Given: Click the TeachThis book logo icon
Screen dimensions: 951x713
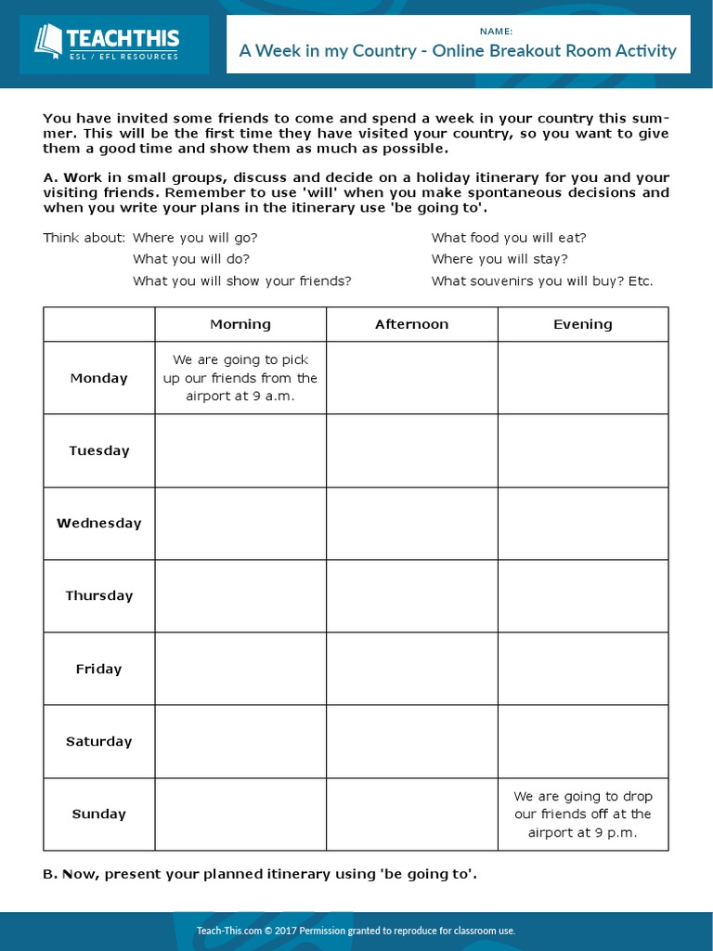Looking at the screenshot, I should (x=47, y=42).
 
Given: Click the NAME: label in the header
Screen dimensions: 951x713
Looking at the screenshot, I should (x=459, y=31).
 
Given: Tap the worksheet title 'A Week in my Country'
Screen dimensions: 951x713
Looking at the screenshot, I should (x=458, y=51).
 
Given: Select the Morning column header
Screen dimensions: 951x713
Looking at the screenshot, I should (x=240, y=324).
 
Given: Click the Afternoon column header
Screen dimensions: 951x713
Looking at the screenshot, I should (x=411, y=324).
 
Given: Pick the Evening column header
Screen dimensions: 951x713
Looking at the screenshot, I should (x=583, y=324).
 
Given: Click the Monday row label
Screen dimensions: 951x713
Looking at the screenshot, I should (x=99, y=378).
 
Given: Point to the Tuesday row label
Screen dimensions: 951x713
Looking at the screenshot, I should (x=99, y=450).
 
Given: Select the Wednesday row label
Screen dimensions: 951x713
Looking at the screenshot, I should (x=99, y=523).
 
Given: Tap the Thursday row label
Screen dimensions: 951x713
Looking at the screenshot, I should (x=99, y=595).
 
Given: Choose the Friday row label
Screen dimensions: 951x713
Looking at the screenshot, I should (x=99, y=669).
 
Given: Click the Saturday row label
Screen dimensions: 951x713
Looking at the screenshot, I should (x=99, y=741).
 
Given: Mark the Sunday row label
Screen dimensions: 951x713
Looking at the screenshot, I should (x=99, y=814).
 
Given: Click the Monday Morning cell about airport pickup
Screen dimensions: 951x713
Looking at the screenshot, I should (x=240, y=378).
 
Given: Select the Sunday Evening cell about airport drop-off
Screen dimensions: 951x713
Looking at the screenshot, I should (x=583, y=814).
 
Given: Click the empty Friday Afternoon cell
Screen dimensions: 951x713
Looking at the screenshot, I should (x=411, y=669).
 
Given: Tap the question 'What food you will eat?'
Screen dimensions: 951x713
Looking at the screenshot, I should (x=509, y=238).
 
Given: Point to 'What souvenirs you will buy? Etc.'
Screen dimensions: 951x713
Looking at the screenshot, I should (x=542, y=280).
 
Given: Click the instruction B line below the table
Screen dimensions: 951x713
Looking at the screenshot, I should (x=260, y=874).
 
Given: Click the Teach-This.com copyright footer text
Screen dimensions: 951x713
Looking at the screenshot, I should (x=356, y=931).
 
